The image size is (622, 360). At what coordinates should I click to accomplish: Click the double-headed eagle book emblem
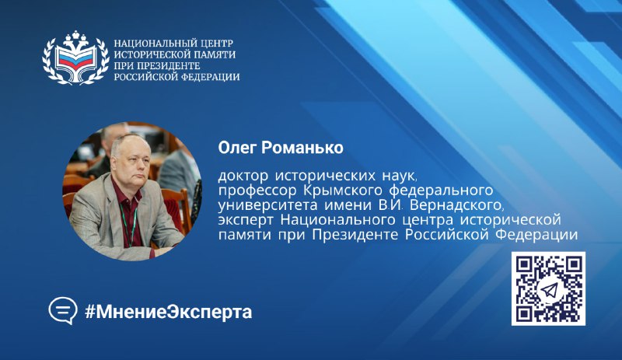tap(75, 58)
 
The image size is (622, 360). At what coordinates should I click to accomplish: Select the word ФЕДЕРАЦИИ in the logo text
tap(210, 77)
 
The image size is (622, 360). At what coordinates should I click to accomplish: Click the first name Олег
tap(237, 148)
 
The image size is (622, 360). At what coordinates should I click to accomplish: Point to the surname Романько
tap(302, 148)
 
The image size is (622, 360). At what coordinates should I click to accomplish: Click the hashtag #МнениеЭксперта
tap(168, 312)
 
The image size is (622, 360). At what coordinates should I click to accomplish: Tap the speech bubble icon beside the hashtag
tap(63, 311)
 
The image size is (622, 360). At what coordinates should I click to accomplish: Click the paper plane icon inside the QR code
tap(549, 290)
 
